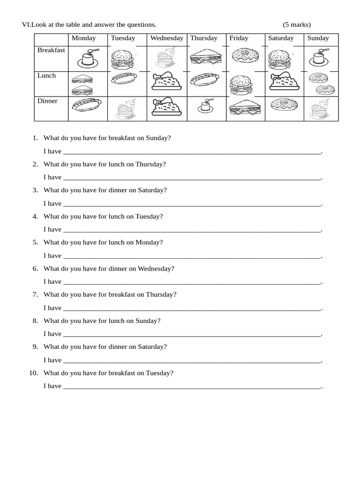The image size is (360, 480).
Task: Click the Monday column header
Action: tap(83, 38)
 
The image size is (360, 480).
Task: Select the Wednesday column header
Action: tap(166, 38)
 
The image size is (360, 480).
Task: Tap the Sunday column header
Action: tap(318, 38)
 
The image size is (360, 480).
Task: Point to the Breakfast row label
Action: tap(51, 50)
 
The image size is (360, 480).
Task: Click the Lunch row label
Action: tap(46, 76)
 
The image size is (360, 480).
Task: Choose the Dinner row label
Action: tap(47, 101)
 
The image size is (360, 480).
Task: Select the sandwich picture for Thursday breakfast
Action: tap(205, 57)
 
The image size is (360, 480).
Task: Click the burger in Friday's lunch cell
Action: tap(240, 85)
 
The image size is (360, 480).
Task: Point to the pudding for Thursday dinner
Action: tap(204, 107)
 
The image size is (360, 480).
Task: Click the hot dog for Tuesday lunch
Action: tap(124, 79)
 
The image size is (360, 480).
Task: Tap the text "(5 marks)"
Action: tap(297, 25)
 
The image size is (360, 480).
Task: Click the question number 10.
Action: tap(34, 373)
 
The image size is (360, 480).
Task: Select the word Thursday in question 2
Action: tap(150, 165)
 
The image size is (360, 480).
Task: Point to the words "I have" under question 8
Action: tap(52, 334)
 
